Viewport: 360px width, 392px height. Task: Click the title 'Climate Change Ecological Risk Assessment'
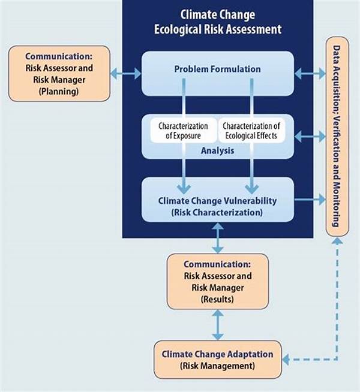click(x=218, y=22)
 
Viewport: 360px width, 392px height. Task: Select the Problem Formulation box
click(x=218, y=74)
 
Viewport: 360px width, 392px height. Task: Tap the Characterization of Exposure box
click(x=183, y=131)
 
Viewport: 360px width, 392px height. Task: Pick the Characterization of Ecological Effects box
click(x=251, y=131)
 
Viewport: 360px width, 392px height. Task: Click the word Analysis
click(x=218, y=150)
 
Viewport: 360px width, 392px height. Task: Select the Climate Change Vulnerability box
click(x=218, y=200)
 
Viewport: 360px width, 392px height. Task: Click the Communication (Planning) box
click(x=59, y=74)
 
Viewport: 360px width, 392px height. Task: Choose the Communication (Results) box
click(x=218, y=282)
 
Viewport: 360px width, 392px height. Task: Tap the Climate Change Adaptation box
click(x=218, y=360)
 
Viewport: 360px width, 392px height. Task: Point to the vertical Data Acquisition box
click(x=337, y=137)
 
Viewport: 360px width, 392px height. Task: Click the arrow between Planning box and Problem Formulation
click(x=126, y=74)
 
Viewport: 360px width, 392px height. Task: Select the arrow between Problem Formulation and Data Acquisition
click(x=310, y=74)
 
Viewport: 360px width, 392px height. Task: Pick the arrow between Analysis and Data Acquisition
click(x=310, y=137)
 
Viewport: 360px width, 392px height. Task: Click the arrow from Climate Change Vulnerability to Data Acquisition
click(x=310, y=200)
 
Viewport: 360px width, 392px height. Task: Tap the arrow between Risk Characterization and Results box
click(x=218, y=238)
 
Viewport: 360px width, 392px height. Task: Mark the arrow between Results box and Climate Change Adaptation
click(x=218, y=325)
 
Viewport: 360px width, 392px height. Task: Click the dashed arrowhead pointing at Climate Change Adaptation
click(x=286, y=360)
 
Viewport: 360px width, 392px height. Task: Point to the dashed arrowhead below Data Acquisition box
click(x=337, y=240)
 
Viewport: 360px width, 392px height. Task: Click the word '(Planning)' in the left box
click(x=59, y=91)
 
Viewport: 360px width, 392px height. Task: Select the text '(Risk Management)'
click(x=217, y=366)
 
